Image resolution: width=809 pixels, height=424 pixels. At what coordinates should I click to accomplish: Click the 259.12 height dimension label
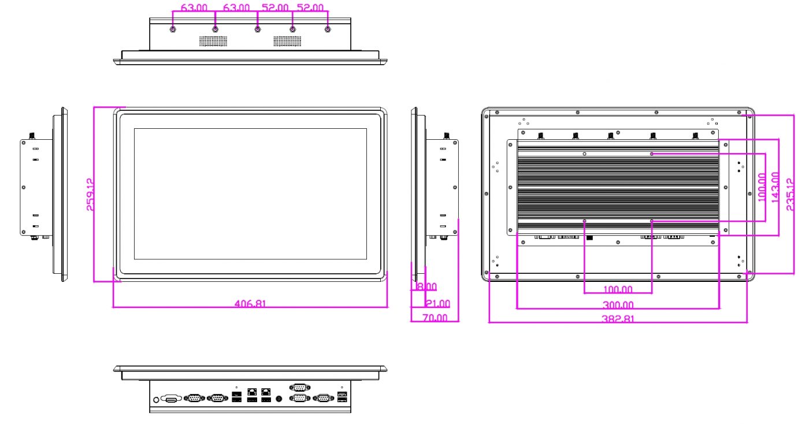click(91, 194)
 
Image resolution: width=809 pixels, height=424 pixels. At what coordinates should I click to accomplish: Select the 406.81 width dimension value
click(250, 303)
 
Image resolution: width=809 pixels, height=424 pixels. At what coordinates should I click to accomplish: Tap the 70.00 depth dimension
click(435, 318)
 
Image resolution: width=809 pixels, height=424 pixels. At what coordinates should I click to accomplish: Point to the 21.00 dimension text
click(438, 303)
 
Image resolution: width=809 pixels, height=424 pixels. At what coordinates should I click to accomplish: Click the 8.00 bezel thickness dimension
click(426, 287)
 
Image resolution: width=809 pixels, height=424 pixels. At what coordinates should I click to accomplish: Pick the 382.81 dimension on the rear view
click(618, 319)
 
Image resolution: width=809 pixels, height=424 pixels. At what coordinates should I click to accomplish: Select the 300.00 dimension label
click(618, 305)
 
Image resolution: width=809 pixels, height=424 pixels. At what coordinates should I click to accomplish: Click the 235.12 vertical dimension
click(791, 194)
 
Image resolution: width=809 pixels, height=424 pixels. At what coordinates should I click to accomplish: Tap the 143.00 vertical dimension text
click(775, 187)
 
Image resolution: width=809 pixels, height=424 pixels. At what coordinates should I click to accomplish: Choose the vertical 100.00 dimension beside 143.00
click(762, 187)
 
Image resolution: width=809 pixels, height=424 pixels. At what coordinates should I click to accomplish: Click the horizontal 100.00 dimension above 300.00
click(618, 289)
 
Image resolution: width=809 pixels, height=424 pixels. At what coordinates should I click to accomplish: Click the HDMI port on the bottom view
click(172, 399)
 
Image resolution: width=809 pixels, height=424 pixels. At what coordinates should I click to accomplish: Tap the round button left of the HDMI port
click(156, 400)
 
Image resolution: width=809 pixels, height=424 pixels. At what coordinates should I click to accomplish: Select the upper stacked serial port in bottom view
click(300, 388)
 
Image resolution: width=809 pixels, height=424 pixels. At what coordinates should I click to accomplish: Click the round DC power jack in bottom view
click(279, 399)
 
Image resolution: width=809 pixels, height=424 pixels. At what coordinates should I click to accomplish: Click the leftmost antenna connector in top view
click(173, 29)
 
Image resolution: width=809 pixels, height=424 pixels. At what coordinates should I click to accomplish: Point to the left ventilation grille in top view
click(213, 41)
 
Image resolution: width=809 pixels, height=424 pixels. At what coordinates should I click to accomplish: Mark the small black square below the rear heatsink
click(589, 237)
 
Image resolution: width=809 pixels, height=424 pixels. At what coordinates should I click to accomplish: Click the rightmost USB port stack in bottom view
click(342, 396)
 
